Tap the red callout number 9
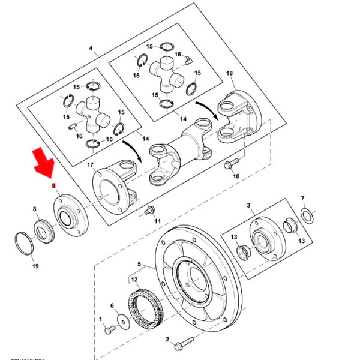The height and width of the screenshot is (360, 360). [x=53, y=187]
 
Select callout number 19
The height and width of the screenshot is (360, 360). [x=35, y=266]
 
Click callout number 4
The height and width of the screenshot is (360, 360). [x=91, y=47]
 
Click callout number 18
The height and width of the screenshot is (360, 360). [x=229, y=73]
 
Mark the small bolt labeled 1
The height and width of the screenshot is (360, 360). [x=108, y=329]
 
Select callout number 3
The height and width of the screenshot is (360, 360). [x=248, y=206]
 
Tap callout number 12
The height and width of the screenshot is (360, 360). [x=134, y=279]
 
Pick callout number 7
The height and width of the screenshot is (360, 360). [x=303, y=198]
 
